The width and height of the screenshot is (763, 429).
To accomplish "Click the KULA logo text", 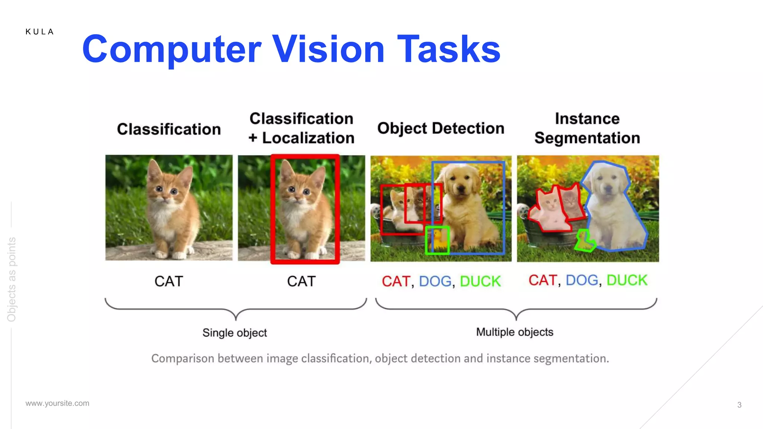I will tap(39, 32).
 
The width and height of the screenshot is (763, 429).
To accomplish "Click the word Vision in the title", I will tap(328, 49).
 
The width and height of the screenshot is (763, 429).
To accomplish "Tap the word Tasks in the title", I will tap(449, 49).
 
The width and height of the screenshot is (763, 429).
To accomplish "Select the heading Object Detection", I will tap(441, 128).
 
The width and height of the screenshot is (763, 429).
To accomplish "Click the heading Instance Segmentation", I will tap(587, 128).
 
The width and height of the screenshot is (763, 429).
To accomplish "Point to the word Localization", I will tap(308, 138).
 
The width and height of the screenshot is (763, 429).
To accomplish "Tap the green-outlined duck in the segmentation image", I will tap(584, 241).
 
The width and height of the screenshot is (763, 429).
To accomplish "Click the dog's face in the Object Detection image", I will tap(459, 184).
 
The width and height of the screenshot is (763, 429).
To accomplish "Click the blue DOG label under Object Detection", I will tap(435, 282).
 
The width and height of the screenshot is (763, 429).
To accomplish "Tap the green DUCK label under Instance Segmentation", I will tap(627, 280).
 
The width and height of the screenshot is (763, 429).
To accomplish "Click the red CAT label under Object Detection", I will tap(396, 282).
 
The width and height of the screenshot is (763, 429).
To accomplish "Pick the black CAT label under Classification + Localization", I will tap(301, 282).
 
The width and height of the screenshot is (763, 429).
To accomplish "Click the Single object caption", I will tap(235, 333).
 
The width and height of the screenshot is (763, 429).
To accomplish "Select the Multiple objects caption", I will tap(515, 332).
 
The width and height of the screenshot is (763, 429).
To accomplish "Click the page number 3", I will tap(739, 405).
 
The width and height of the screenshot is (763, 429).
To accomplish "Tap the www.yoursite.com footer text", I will tap(57, 403).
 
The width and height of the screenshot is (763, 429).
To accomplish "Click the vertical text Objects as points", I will tap(12, 279).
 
